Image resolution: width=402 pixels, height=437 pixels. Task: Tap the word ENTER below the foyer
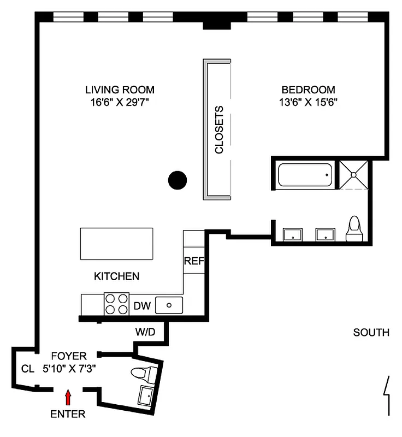pyautogui.click(x=68, y=414)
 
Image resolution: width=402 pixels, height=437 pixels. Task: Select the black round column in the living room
pyautogui.click(x=177, y=180)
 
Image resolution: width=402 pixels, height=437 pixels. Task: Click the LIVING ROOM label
pyautogui.click(x=120, y=90)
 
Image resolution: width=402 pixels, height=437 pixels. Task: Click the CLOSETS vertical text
pyautogui.click(x=219, y=129)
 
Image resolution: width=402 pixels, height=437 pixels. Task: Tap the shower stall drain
pyautogui.click(x=354, y=175)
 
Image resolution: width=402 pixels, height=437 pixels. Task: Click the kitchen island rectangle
pyautogui.click(x=117, y=244)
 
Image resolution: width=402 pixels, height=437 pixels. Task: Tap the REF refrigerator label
pyautogui.click(x=193, y=261)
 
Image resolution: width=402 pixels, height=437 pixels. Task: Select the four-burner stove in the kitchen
pyautogui.click(x=116, y=304)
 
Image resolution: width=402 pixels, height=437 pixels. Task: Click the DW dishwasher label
pyautogui.click(x=142, y=305)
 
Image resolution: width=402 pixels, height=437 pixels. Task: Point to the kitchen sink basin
pyautogui.click(x=169, y=305)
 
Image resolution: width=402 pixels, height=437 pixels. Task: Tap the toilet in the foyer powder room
pyautogui.click(x=141, y=375)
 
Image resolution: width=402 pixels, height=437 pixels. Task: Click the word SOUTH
pyautogui.click(x=371, y=332)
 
